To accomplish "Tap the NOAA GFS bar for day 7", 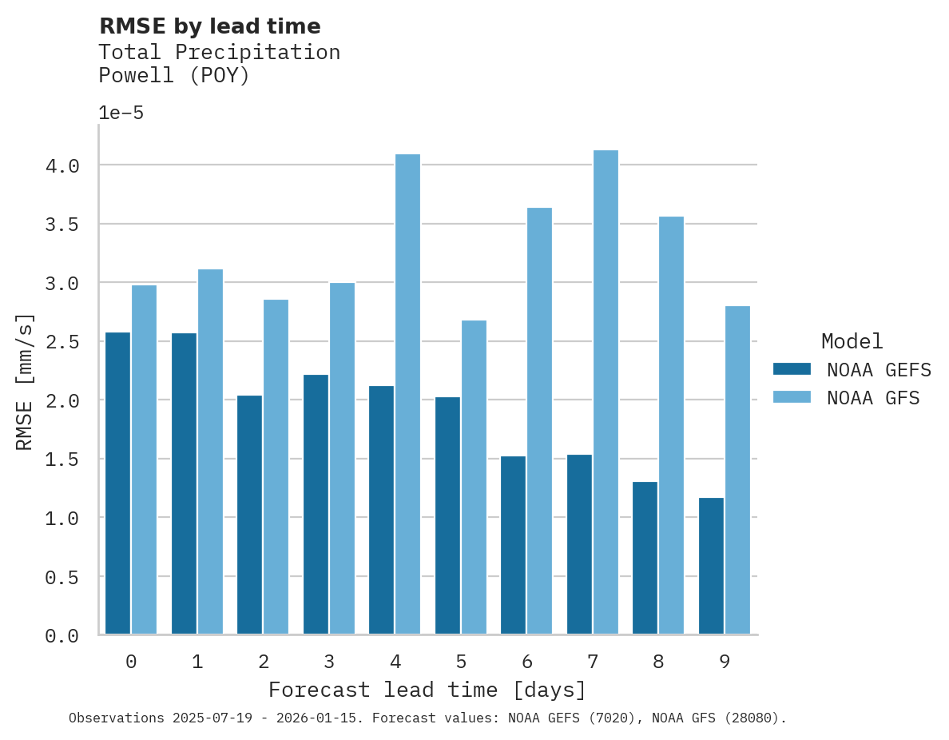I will click(x=606, y=392).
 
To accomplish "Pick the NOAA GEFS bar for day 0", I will click(x=118, y=483).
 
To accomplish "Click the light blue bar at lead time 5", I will click(x=474, y=477).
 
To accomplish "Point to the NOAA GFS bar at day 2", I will click(x=276, y=467).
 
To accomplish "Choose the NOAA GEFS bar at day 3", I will click(x=316, y=504).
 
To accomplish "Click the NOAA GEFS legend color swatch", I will click(x=792, y=369).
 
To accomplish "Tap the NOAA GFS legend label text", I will click(x=873, y=397).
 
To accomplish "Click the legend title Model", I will click(x=852, y=341).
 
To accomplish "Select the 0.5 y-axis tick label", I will click(x=62, y=577).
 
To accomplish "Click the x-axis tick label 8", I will click(x=658, y=662).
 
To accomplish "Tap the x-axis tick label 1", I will click(x=197, y=662).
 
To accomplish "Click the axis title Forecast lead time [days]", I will click(x=427, y=690).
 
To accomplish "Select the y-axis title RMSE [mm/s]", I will click(x=25, y=381).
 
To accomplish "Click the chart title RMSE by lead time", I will click(x=209, y=26).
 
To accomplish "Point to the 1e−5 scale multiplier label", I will click(x=121, y=113).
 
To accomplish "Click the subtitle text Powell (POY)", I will click(x=174, y=76).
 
